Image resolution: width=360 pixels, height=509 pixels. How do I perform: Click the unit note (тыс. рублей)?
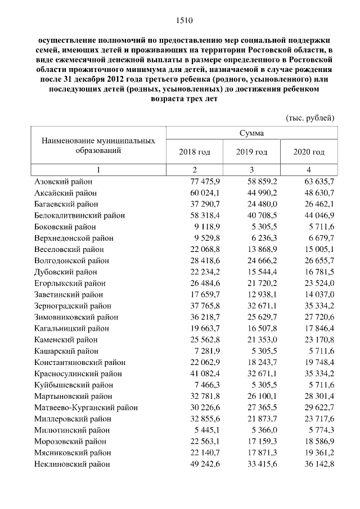[310, 118]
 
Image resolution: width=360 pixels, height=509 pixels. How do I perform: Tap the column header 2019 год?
[251, 152]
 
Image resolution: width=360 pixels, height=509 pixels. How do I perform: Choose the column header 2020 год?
[309, 152]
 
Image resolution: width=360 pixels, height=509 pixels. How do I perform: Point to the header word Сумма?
[251, 133]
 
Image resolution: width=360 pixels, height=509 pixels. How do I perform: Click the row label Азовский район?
[63, 182]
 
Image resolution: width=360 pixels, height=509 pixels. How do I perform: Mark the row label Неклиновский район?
[72, 464]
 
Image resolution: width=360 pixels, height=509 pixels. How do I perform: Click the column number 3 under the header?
[251, 169]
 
